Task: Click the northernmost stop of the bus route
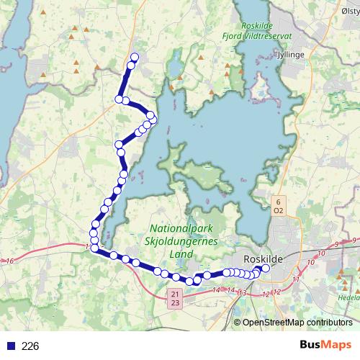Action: (x=134, y=58)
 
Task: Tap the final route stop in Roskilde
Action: (x=265, y=269)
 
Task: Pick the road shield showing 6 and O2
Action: (x=278, y=206)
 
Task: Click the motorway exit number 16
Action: (x=9, y=261)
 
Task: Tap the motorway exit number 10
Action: (x=310, y=263)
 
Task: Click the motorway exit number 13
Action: (x=242, y=293)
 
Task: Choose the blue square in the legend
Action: (x=11, y=346)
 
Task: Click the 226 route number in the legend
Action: (x=30, y=346)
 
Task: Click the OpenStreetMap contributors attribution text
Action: (x=297, y=322)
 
